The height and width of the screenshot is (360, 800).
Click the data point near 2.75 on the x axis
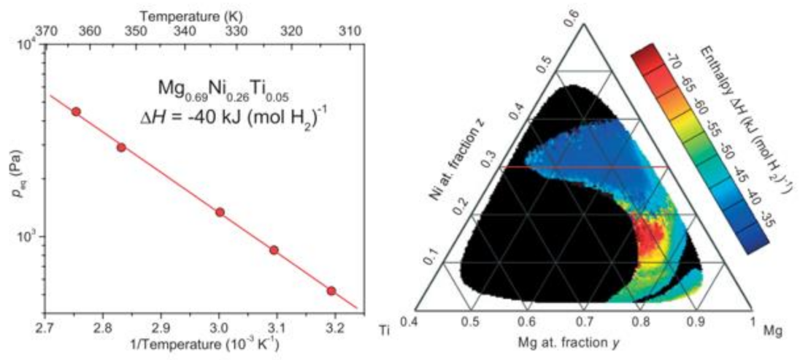click(x=75, y=111)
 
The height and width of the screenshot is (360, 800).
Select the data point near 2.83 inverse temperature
click(x=121, y=147)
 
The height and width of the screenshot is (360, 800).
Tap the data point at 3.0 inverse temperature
click(x=219, y=212)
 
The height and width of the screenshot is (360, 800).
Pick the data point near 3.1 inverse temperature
click(x=274, y=250)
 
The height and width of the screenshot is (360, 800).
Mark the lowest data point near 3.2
click(x=331, y=291)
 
